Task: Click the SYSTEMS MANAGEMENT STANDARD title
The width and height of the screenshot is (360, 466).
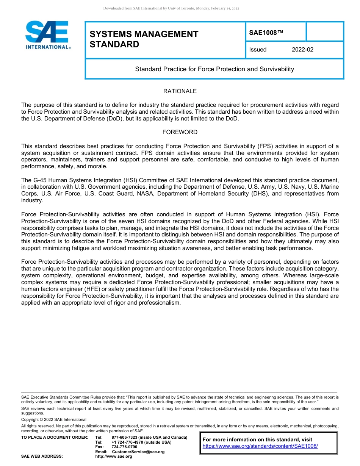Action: [x=144, y=39]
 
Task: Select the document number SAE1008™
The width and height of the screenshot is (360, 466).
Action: [x=266, y=33]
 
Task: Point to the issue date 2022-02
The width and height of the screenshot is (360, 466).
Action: [x=302, y=50]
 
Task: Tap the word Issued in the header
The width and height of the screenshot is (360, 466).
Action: [x=258, y=50]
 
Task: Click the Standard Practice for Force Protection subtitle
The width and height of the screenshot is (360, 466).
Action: [x=214, y=69]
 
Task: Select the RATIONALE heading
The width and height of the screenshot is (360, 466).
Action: [x=180, y=91]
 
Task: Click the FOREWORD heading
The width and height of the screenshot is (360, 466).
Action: [x=180, y=132]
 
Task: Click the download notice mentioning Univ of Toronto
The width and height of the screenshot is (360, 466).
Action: [x=171, y=8]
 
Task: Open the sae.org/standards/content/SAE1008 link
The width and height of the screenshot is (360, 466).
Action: [x=260, y=446]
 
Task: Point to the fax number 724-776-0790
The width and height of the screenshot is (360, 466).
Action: [x=124, y=447]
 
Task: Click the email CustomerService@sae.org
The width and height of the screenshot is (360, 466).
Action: [x=138, y=452]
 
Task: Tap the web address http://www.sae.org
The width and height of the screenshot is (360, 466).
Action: [x=114, y=457]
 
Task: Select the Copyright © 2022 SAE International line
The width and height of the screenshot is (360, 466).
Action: [x=54, y=419]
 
